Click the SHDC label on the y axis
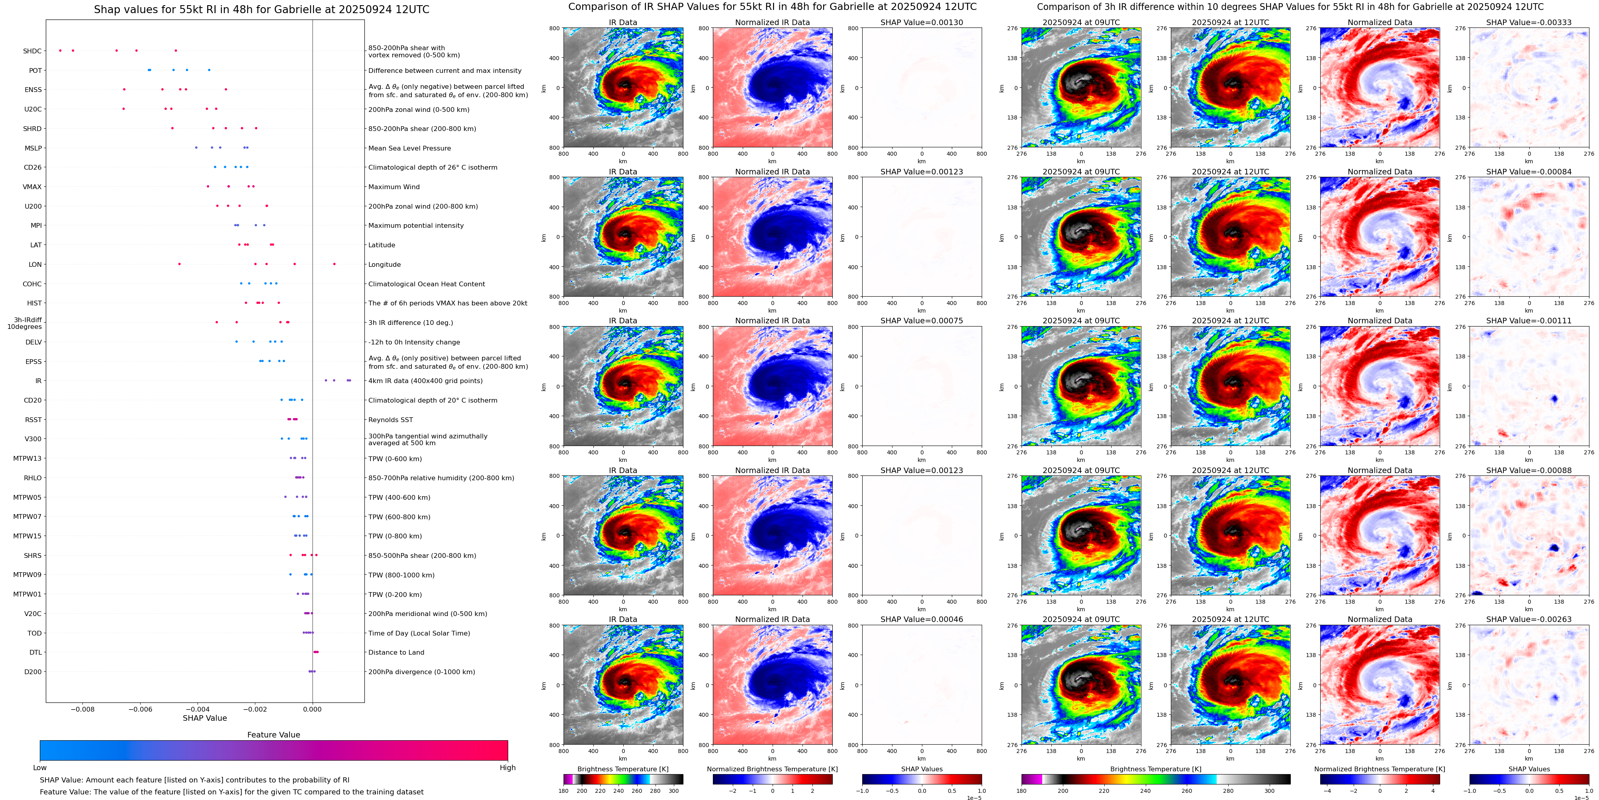[x=32, y=51]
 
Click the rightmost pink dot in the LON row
[x=334, y=264]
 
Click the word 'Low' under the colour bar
[x=40, y=768]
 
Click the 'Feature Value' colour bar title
[x=273, y=735]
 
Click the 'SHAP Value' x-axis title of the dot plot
[x=204, y=718]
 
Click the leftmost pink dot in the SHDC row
[x=60, y=50]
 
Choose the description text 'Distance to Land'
[x=396, y=652]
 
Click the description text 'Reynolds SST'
[x=390, y=420]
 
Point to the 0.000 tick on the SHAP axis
[x=312, y=709]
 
